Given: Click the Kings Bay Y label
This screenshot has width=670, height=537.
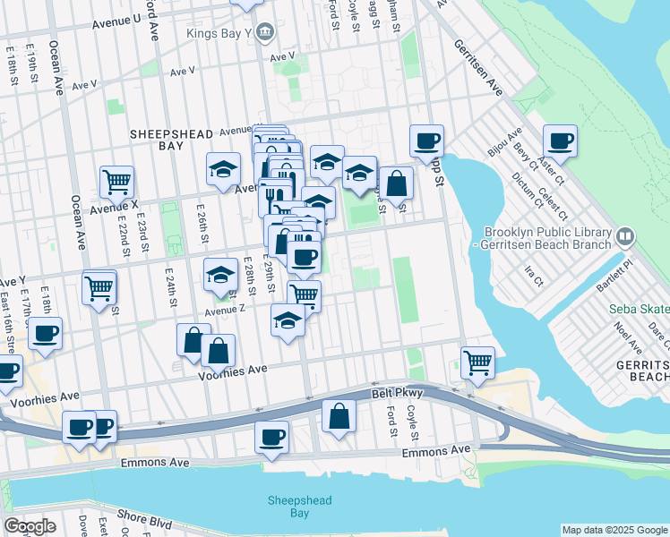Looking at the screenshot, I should [x=219, y=34].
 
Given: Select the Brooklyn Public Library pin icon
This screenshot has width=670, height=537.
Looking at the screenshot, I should [x=625, y=237].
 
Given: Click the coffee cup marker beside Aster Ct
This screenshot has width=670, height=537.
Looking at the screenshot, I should [x=560, y=141].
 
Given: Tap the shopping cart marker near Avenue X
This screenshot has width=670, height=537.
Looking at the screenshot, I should [x=116, y=183].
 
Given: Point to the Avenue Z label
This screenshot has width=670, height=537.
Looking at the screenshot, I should [x=224, y=310].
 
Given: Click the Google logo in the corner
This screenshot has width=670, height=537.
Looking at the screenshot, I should [x=30, y=526].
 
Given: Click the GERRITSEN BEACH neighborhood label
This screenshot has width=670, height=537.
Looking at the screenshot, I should [x=642, y=372].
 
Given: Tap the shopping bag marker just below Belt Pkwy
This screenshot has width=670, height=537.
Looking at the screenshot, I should [x=339, y=416].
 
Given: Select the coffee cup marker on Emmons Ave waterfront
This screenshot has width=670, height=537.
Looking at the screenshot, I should [x=271, y=437].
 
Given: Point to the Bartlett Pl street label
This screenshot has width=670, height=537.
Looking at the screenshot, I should [x=616, y=266].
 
